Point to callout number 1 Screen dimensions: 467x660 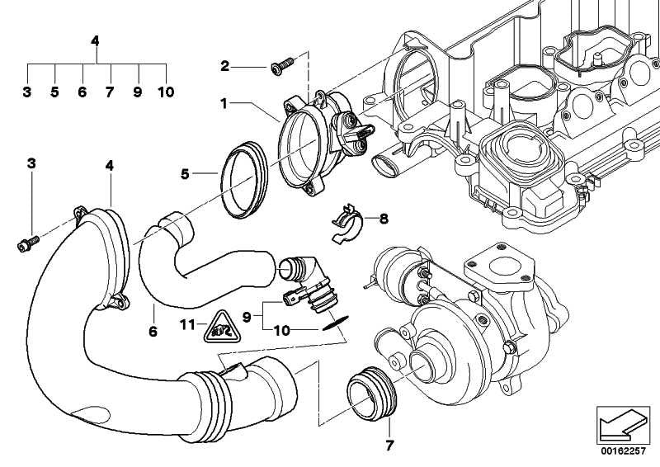click(223, 103)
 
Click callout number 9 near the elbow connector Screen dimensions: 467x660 click(245, 314)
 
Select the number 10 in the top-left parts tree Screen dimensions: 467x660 click(166, 92)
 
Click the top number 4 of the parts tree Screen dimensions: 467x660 click(96, 40)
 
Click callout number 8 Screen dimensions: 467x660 click(383, 219)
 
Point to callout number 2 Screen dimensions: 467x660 click(224, 65)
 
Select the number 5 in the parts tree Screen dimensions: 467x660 click(54, 92)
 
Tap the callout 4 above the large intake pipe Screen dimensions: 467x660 click(110, 166)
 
